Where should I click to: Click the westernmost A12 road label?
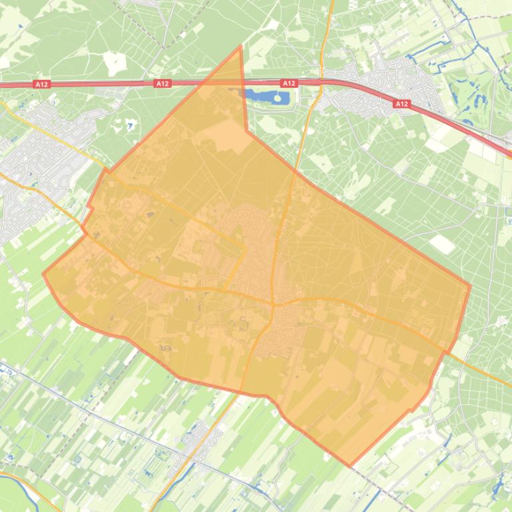41,84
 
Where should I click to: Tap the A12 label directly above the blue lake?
288,84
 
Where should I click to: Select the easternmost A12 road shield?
401,104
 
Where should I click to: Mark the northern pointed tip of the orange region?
240,47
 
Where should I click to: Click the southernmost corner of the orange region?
350,465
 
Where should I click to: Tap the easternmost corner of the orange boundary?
470,287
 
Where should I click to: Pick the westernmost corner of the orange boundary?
43,273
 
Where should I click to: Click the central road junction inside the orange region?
274,304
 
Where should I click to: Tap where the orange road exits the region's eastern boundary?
445,350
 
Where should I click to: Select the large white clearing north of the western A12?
115,63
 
